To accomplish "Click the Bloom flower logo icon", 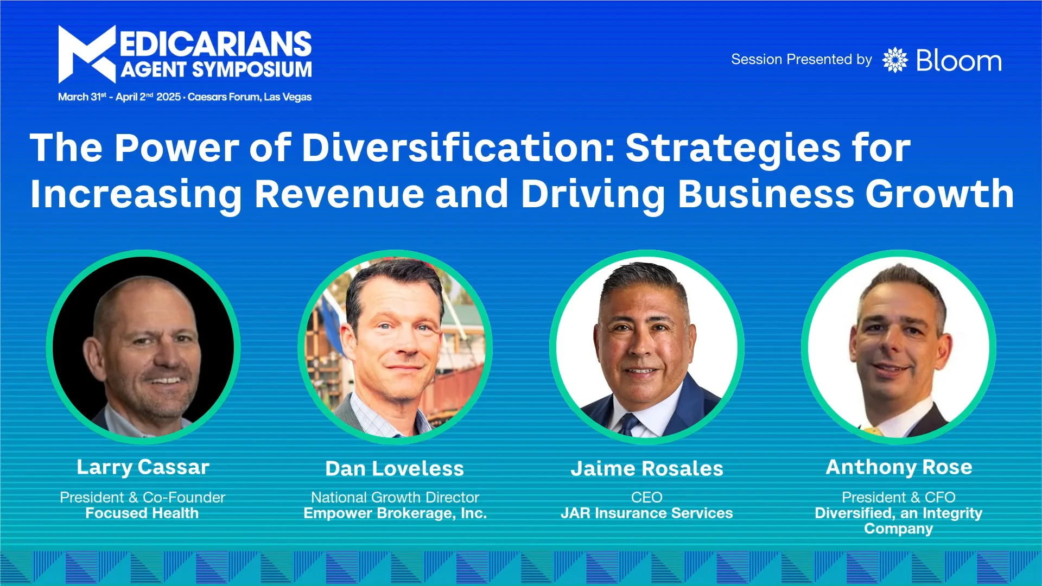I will pos(894,60).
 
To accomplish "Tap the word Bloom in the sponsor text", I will pos(958,61).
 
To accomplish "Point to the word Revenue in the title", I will pos(339,194).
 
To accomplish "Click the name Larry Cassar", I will pos(143,467).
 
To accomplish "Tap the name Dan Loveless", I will pos(395,468).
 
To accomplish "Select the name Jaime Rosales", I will pos(646,468).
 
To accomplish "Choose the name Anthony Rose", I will pos(899,467).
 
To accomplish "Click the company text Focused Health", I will pos(142,513).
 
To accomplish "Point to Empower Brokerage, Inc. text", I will pos(395,513).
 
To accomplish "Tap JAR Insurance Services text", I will pos(646,513).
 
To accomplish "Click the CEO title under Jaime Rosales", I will pos(646,497).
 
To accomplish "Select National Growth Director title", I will pos(395,497).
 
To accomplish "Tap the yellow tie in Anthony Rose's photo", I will pos(873,431).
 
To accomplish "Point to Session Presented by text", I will pos(801,60).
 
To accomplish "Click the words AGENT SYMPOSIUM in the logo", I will pos(216,69).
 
